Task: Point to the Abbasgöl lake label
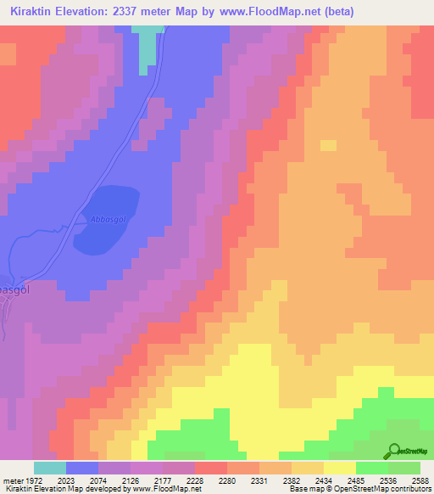coord(104,219)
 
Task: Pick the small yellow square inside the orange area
coord(327,145)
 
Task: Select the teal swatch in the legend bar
coord(49,468)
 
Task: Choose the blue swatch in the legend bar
coord(81,468)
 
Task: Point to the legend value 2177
coord(161,480)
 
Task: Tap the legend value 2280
coord(226,480)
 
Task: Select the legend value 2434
coord(323,480)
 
